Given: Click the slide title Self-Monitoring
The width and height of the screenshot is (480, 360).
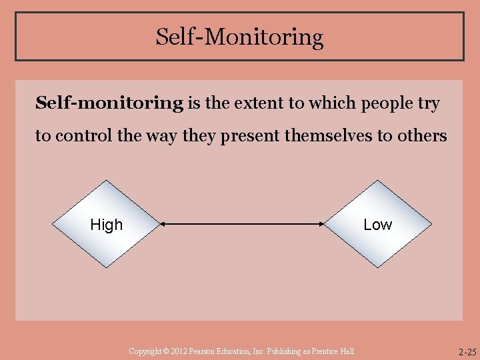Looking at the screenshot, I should tap(239, 37).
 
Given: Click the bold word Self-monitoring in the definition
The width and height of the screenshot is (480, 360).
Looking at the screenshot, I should tap(109, 103).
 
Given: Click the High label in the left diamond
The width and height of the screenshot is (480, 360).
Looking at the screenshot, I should tap(107, 225).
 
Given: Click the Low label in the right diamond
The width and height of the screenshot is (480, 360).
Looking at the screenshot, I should tap(377, 225).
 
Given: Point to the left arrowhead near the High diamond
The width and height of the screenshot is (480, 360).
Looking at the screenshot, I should tap(163, 225).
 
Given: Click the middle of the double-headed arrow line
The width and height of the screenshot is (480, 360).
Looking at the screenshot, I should tap(243, 225).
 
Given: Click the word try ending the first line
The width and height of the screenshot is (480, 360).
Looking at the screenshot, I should tap(430, 103).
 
